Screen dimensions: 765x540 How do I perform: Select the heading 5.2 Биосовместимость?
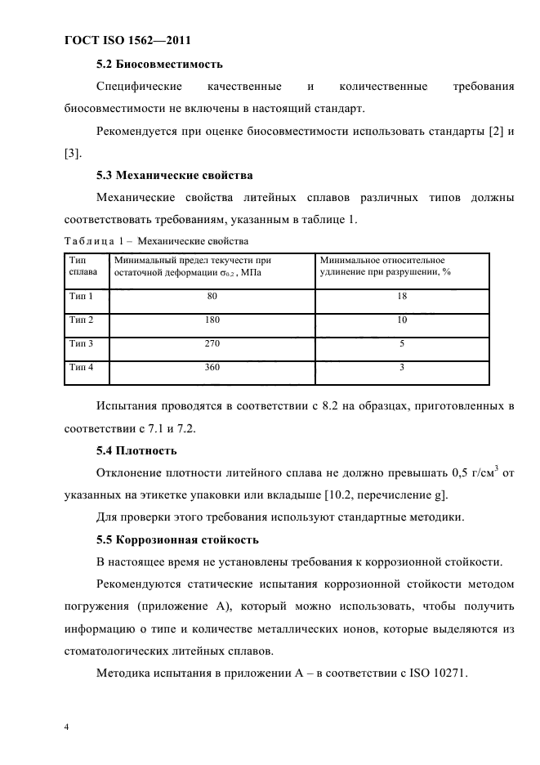click(x=159, y=64)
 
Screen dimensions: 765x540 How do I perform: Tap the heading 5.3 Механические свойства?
click(x=175, y=175)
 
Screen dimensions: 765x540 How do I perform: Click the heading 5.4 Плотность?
click(x=136, y=450)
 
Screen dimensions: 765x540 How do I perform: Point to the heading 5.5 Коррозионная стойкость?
click(x=177, y=539)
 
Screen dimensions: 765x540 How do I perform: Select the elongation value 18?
click(x=402, y=296)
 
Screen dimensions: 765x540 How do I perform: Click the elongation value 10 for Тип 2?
click(x=402, y=320)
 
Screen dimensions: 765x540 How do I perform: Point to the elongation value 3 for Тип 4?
click(x=402, y=368)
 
